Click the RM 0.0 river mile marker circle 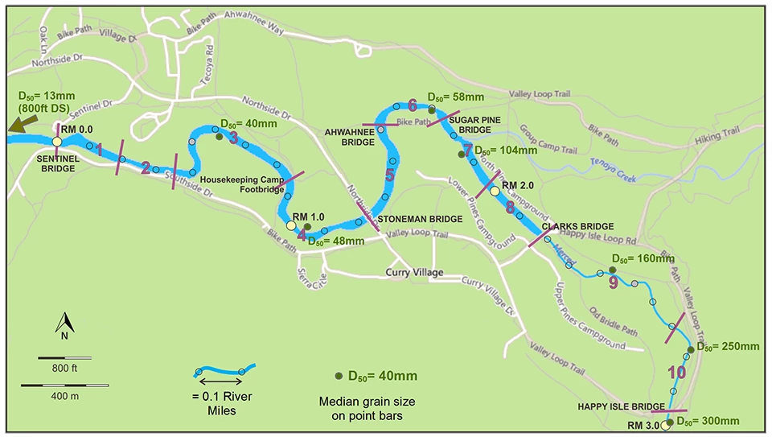57,142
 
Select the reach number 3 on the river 233,137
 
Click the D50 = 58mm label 455,97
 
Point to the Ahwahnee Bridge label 348,137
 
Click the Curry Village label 414,273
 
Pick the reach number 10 676,373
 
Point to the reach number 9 613,282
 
